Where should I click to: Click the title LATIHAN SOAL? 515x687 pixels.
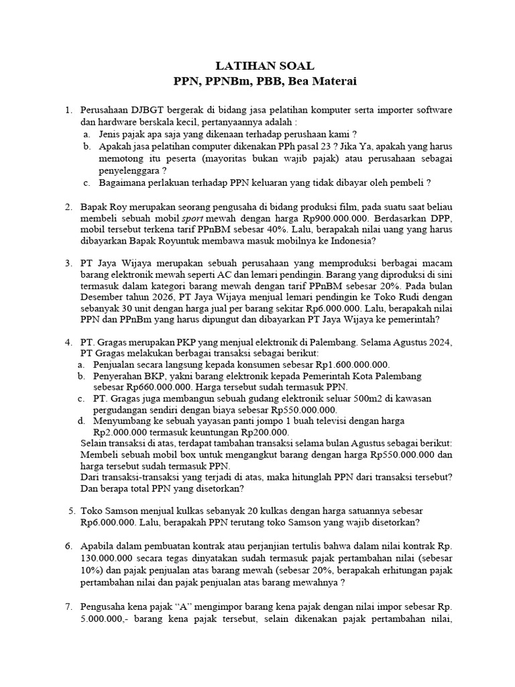coord(264,66)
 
